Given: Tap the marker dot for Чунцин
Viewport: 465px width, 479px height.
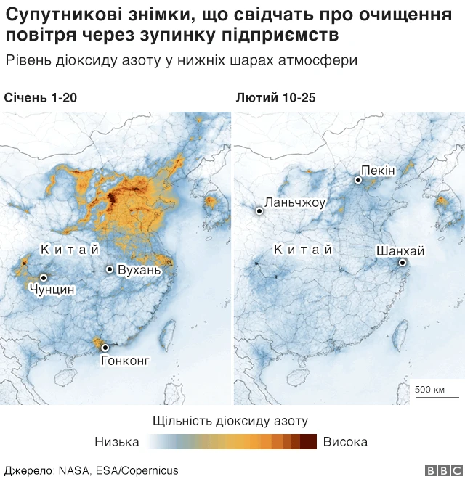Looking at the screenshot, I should click(x=44, y=277).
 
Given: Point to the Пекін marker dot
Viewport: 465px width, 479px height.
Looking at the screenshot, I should click(x=358, y=179).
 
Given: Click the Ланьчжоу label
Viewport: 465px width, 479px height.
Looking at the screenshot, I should click(x=296, y=202).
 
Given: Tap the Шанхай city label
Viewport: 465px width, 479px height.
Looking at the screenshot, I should click(x=400, y=251).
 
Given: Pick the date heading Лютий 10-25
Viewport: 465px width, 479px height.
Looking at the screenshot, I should click(x=275, y=98).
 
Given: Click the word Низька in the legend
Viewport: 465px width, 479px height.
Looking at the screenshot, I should click(x=117, y=441).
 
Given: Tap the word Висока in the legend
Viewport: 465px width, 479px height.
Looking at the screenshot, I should click(x=345, y=441).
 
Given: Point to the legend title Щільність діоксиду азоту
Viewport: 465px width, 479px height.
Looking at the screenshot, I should click(x=231, y=421).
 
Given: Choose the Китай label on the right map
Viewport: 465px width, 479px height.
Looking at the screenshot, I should click(x=302, y=250).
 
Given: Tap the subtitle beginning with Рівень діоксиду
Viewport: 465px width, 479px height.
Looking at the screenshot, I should click(x=181, y=60).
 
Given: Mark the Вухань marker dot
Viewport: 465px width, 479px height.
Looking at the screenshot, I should click(x=110, y=269).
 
